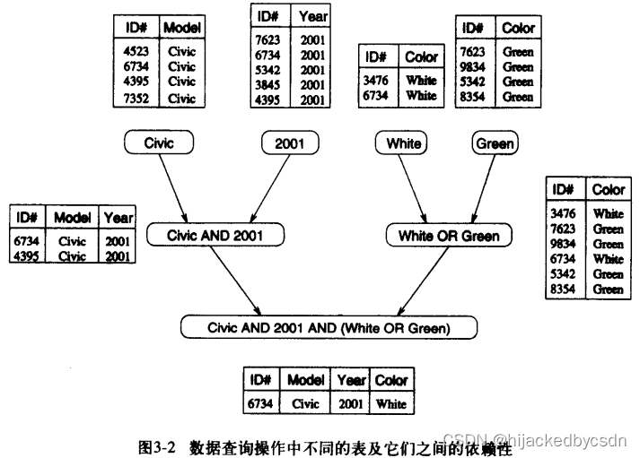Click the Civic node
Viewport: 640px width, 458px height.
point(158,143)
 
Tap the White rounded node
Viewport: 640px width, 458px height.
point(402,143)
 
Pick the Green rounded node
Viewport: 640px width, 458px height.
point(495,143)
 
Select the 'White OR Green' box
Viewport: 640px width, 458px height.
point(449,237)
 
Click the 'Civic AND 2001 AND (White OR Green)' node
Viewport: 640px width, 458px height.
point(328,328)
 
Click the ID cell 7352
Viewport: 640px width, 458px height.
point(137,98)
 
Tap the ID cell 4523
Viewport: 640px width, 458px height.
point(137,52)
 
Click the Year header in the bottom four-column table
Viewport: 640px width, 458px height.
point(351,380)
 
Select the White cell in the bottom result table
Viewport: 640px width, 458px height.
point(390,404)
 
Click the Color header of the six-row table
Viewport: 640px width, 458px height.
point(608,190)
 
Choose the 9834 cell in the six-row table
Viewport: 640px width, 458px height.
point(563,244)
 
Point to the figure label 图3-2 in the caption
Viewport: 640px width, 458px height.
point(159,445)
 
